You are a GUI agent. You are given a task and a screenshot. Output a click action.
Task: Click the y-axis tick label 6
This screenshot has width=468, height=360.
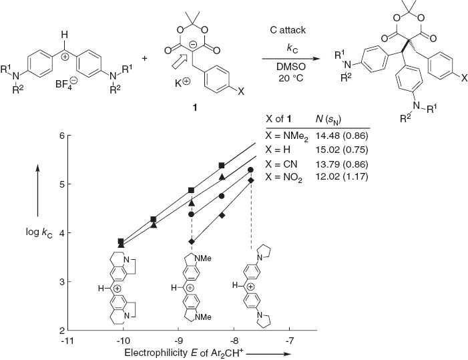62,136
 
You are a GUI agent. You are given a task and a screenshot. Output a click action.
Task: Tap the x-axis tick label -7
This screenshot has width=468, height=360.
290,340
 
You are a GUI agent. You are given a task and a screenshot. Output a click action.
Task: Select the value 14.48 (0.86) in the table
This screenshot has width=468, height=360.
342,136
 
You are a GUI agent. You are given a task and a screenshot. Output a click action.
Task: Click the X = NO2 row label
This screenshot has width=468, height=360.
284,177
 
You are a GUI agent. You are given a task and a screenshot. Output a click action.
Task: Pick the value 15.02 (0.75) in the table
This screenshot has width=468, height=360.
342,149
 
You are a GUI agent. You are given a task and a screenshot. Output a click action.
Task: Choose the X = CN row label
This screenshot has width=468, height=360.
282,164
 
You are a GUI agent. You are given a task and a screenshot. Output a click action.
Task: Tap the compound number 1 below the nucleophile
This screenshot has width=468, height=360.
195,107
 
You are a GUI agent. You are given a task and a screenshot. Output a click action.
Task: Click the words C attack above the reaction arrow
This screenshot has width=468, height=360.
288,30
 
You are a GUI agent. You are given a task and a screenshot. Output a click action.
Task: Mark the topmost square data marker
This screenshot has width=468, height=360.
222,166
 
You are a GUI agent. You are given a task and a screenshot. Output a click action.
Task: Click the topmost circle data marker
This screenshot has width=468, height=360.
251,170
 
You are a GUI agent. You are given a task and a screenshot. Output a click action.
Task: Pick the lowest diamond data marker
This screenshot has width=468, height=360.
192,241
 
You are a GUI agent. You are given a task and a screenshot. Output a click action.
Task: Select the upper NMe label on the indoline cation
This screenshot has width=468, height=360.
203,258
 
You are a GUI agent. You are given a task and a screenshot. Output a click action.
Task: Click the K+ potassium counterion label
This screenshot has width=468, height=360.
182,83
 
